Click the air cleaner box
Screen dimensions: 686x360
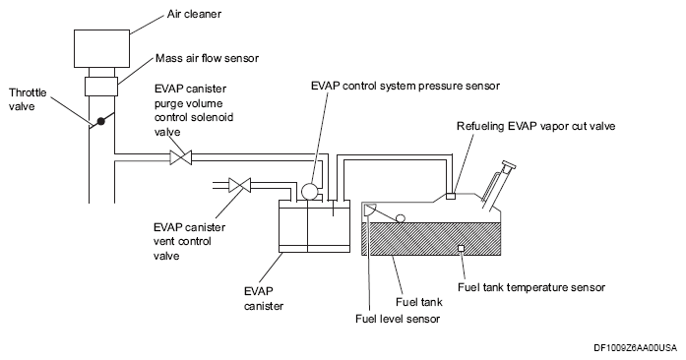coord(102,48)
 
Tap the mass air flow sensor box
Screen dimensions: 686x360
coord(101,87)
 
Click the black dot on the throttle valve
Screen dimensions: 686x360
coord(101,121)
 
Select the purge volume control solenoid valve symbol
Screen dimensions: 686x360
coord(181,157)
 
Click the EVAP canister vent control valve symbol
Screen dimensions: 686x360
coord(240,185)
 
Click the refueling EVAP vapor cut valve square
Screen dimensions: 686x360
coord(450,196)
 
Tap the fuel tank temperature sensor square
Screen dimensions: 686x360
coord(461,249)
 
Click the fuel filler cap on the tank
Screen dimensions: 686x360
coord(509,166)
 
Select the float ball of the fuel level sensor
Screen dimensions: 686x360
coord(400,217)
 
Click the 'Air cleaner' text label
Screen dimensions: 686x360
coord(194,14)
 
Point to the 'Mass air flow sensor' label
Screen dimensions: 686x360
coord(207,58)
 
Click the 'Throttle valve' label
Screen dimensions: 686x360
coord(28,99)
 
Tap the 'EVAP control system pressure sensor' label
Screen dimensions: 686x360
coord(405,86)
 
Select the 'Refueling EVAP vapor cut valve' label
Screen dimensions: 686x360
coord(536,127)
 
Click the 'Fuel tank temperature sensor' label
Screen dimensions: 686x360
coord(531,287)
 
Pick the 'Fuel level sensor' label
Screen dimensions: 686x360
coord(398,319)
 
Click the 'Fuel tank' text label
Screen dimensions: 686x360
coord(418,302)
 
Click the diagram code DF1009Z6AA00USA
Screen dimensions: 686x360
coord(635,348)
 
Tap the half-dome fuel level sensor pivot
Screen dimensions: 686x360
coord(369,210)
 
